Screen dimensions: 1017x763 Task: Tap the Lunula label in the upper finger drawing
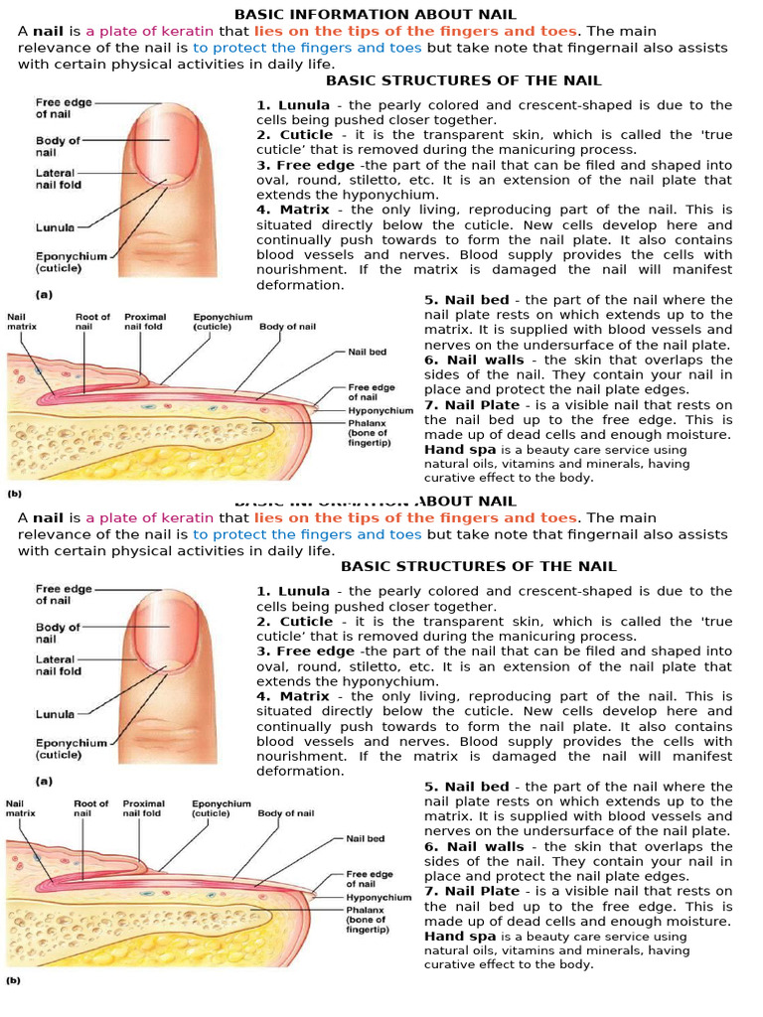[56, 227]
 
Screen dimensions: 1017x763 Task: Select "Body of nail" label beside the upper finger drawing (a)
[58, 147]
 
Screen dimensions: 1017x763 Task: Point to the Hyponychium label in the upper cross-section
[381, 410]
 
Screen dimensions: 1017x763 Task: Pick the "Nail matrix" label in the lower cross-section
[21, 807]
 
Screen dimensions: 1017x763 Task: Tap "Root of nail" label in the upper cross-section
[92, 322]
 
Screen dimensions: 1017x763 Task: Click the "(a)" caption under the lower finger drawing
[44, 781]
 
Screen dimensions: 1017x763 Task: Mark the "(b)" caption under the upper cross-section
[15, 493]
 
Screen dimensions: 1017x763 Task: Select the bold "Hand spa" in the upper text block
[460, 449]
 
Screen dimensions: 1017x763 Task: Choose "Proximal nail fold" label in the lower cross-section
[144, 807]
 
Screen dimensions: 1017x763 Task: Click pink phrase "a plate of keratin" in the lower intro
[149, 517]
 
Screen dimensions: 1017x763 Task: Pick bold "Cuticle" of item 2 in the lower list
[306, 622]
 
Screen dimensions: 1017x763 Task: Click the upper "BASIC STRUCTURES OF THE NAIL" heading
[464, 80]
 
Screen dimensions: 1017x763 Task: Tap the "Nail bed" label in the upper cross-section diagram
[367, 352]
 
